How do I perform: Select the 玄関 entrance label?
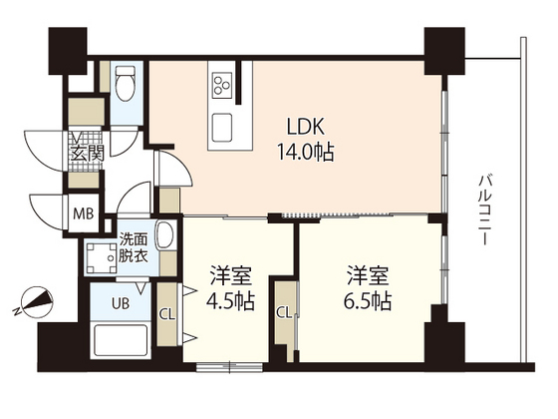[x=85, y=154]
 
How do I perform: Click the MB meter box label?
[x=84, y=213]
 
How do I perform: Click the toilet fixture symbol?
[x=126, y=86]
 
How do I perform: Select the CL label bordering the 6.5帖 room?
[x=284, y=312]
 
